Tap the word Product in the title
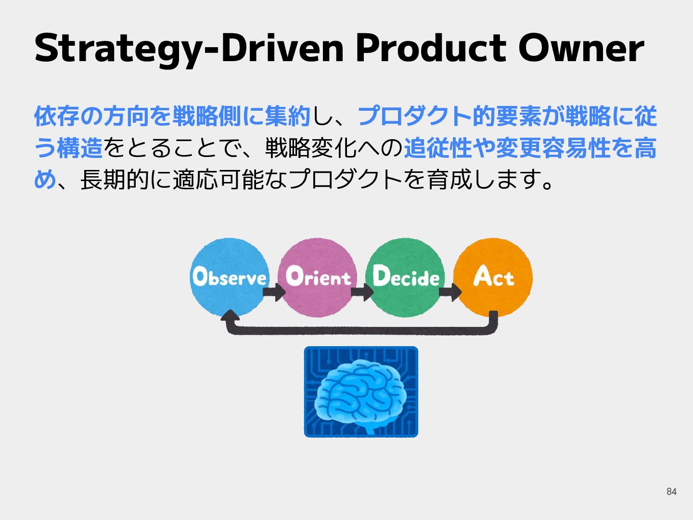coord(431,48)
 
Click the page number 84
coord(671,492)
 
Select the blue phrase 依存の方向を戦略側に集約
coord(172,116)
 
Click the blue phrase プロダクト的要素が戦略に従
coord(507,116)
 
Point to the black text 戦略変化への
coord(334,148)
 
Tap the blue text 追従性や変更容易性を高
coord(530,148)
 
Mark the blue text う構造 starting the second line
coord(68,148)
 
